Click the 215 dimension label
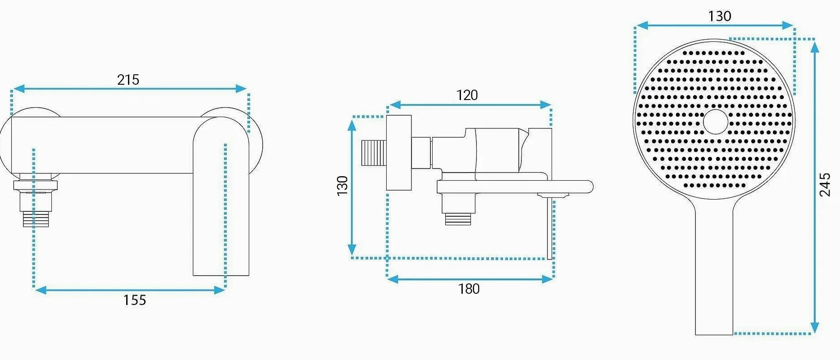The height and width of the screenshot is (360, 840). click(128, 80)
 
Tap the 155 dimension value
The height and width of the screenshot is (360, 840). click(134, 300)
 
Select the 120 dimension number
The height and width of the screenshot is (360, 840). click(467, 95)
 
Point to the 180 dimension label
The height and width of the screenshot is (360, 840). click(469, 289)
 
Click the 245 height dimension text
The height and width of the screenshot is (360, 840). click(825, 185)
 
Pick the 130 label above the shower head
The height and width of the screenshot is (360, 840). click(720, 16)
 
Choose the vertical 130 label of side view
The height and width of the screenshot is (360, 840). click(342, 186)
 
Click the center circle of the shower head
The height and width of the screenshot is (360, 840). click(716, 122)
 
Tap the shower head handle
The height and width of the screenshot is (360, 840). click(714, 270)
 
